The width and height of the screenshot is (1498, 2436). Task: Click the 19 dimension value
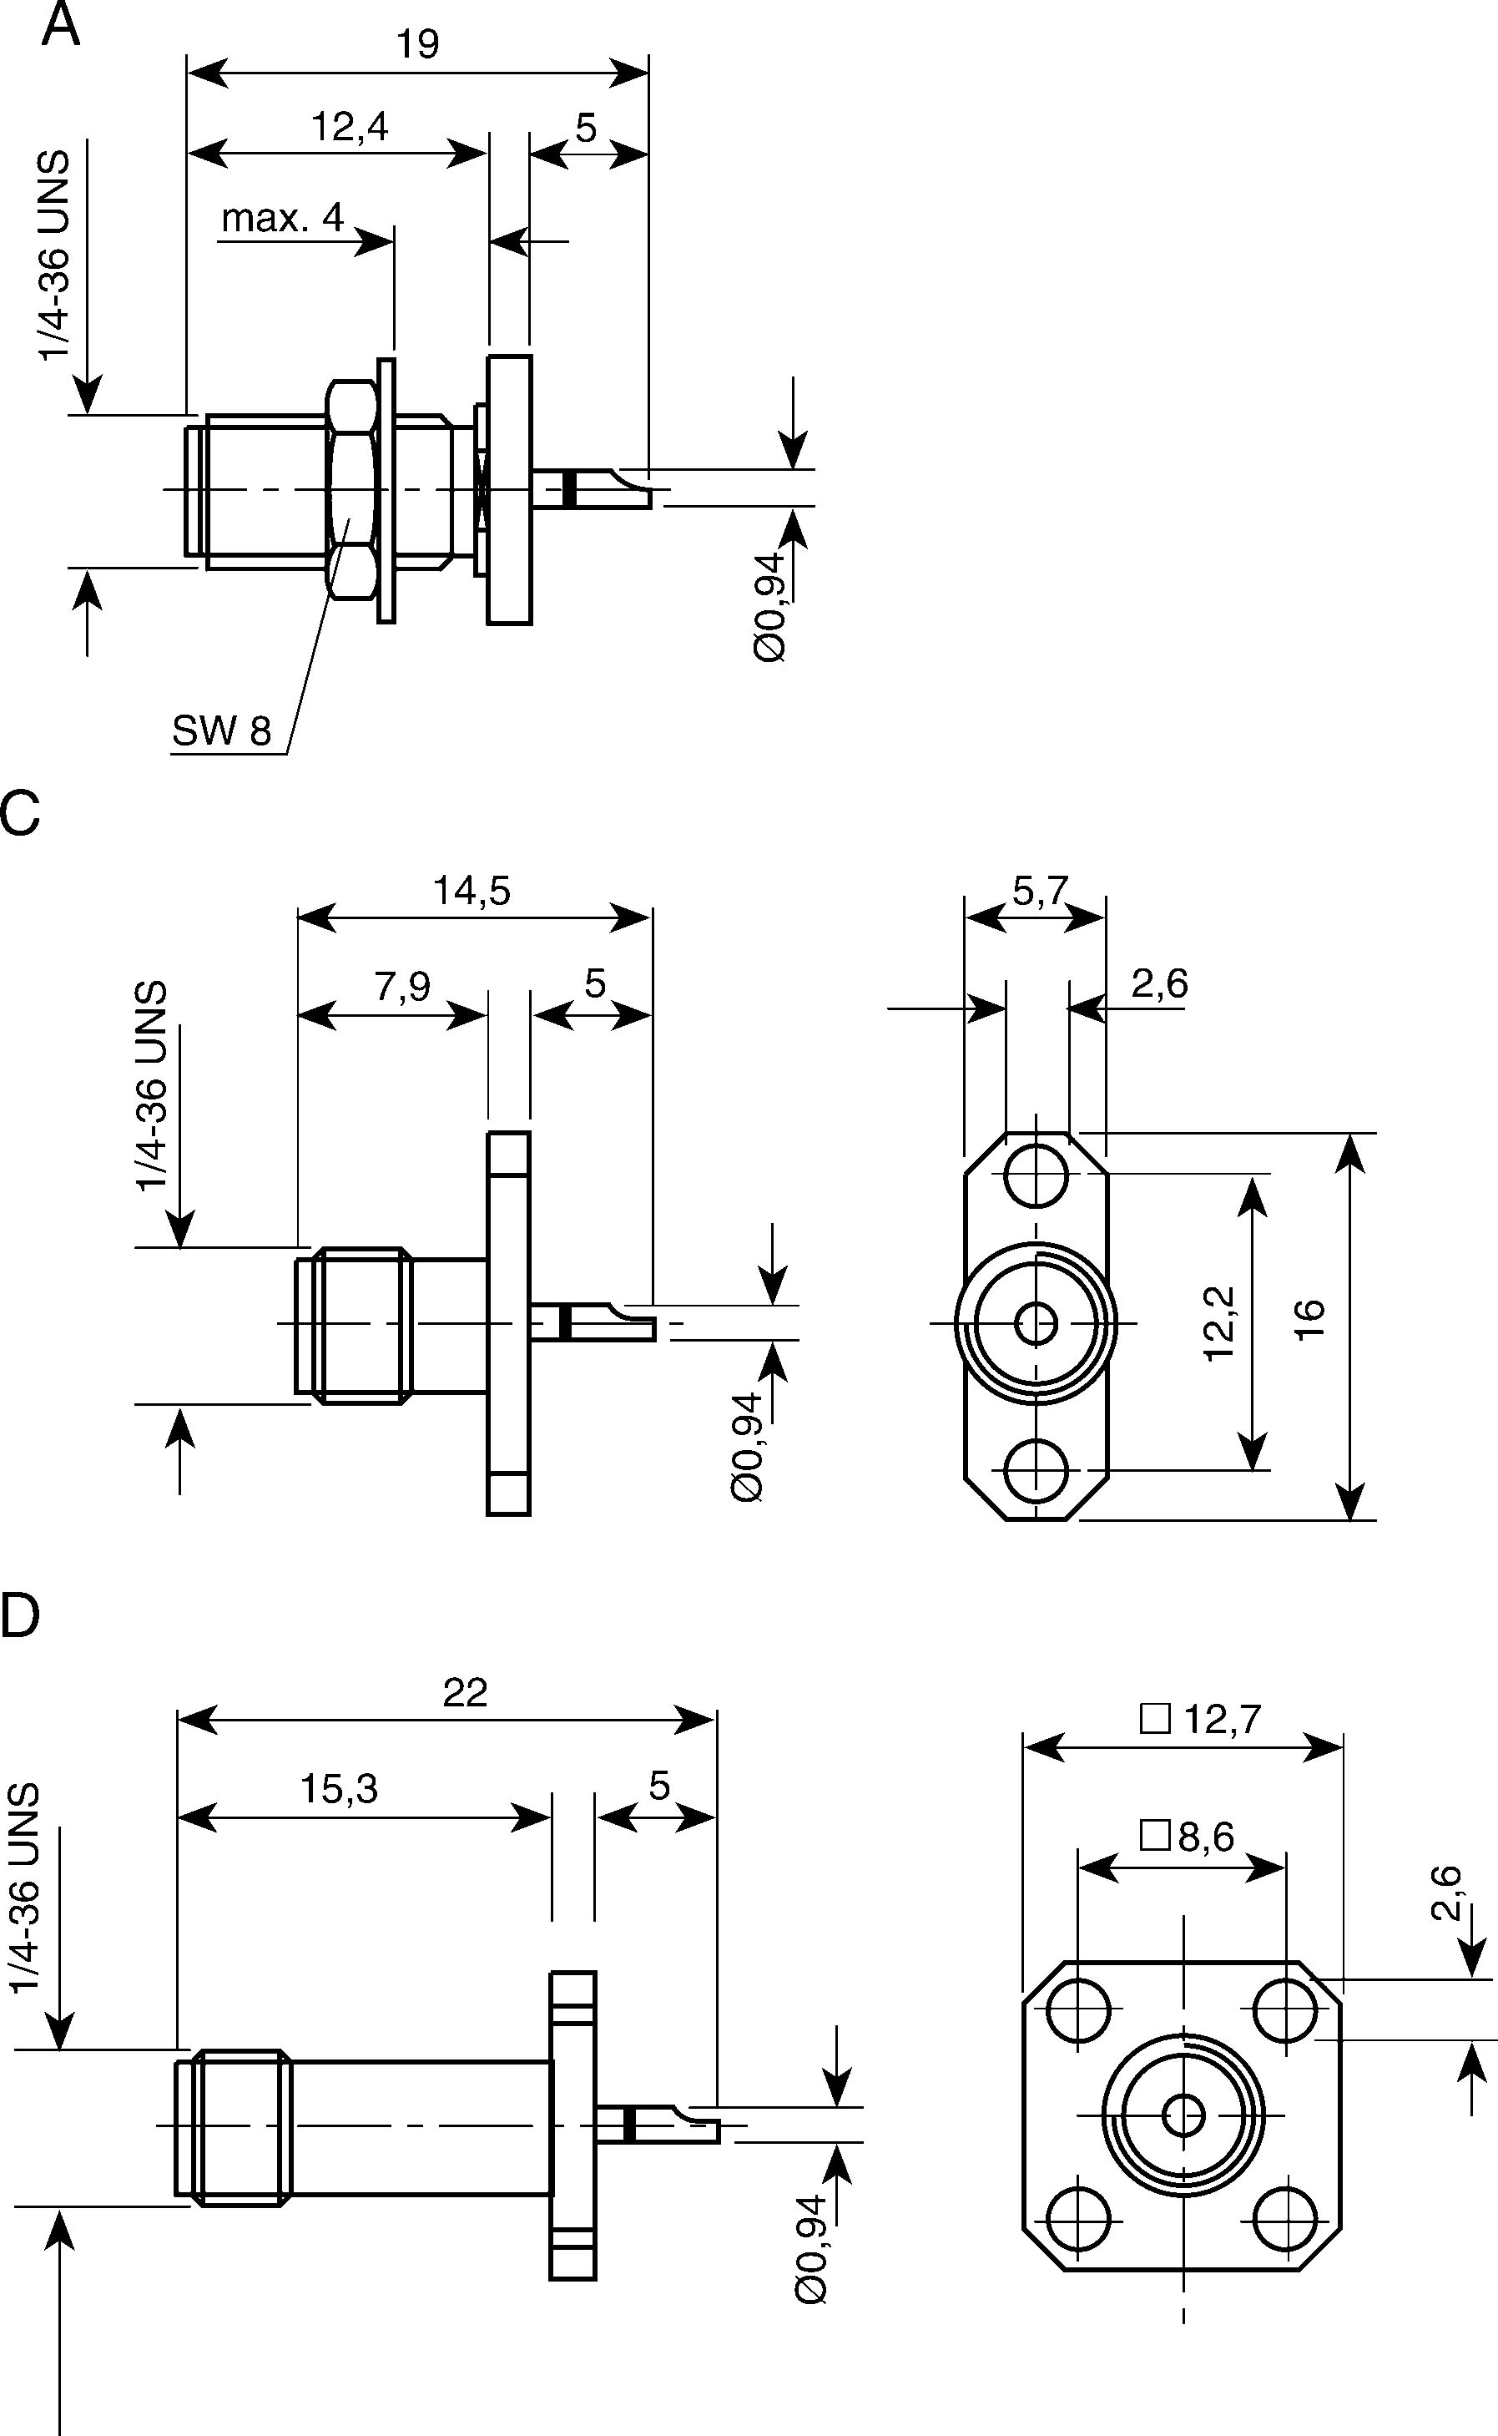tap(418, 44)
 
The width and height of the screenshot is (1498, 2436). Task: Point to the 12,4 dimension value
tap(350, 127)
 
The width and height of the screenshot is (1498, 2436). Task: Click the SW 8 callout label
tap(221, 730)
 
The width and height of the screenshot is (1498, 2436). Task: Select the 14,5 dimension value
tap(472, 891)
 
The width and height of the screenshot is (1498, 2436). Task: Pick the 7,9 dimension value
tap(402, 986)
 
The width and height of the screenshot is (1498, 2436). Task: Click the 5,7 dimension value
tap(1041, 892)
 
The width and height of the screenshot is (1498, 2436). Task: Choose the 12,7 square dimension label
tap(1202, 1720)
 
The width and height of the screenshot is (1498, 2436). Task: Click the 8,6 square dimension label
tap(1188, 1837)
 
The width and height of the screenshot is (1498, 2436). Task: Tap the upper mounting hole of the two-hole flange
tap(1036, 1176)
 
